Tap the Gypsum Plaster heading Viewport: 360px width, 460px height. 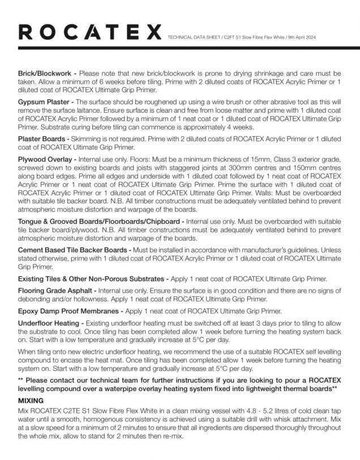point(45,100)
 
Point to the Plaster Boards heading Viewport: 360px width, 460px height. point(42,139)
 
